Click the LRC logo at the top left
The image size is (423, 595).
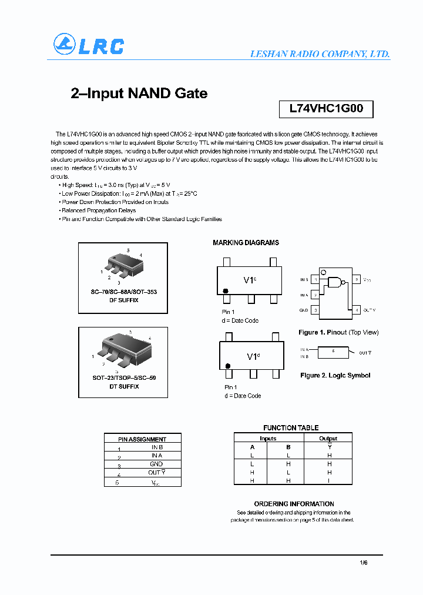pyautogui.click(x=89, y=45)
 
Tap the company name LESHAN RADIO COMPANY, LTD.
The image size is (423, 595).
pyautogui.click(x=320, y=54)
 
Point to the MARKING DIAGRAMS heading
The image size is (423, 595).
pyautogui.click(x=246, y=243)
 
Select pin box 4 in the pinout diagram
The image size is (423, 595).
pyautogui.click(x=356, y=310)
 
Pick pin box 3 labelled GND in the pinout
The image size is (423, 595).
pyautogui.click(x=316, y=310)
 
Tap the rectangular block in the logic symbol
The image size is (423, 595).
pyautogui.click(x=333, y=352)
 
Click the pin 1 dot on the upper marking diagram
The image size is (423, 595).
pyautogui.click(x=225, y=291)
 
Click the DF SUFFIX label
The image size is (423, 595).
pyautogui.click(x=124, y=300)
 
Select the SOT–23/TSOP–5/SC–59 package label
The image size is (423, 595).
pyautogui.click(x=124, y=378)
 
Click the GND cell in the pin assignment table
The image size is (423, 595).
pyautogui.click(x=156, y=464)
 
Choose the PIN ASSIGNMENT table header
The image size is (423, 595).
pyautogui.click(x=142, y=439)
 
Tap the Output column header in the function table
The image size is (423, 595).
pyautogui.click(x=328, y=439)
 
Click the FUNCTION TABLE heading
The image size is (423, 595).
pyautogui.click(x=291, y=428)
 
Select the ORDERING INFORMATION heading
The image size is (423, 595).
pyautogui.click(x=294, y=504)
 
